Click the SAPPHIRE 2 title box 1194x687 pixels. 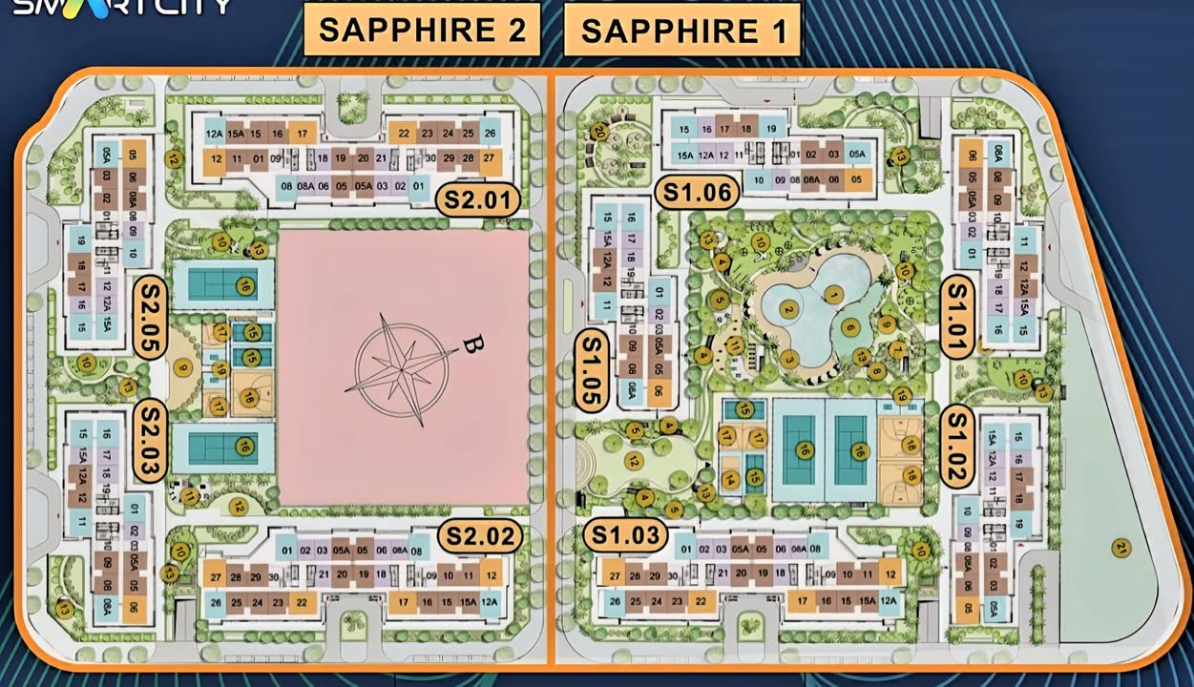click(x=422, y=30)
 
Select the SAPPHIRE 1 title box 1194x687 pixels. click(x=682, y=31)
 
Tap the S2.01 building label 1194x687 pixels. click(x=478, y=200)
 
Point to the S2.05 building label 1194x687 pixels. click(x=151, y=318)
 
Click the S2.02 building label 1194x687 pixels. click(x=480, y=536)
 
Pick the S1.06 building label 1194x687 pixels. click(x=697, y=193)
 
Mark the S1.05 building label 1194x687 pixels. click(x=595, y=371)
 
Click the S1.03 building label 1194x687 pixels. click(x=626, y=535)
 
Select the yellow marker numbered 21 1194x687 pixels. click(x=1120, y=548)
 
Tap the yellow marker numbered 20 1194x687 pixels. click(x=600, y=132)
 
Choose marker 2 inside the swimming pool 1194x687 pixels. click(x=788, y=309)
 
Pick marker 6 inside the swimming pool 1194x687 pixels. click(x=850, y=326)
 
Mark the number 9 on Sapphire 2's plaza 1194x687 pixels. click(x=179, y=365)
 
